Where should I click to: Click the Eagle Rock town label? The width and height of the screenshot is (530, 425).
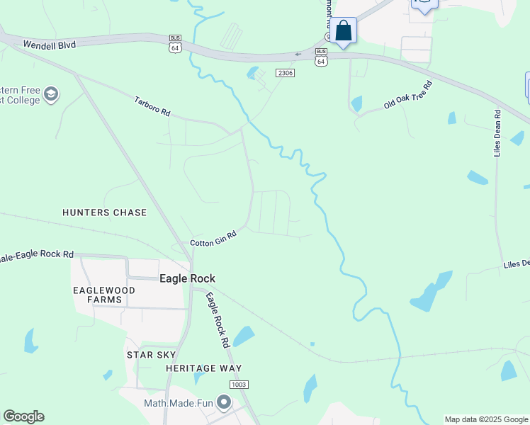click(187, 278)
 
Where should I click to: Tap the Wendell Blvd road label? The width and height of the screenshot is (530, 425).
click(49, 45)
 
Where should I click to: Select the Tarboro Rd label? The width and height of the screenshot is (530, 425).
click(152, 106)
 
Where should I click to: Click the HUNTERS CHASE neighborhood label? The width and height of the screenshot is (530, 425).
click(104, 212)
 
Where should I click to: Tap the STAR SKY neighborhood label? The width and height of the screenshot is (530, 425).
click(150, 354)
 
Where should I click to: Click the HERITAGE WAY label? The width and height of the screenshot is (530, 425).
click(204, 368)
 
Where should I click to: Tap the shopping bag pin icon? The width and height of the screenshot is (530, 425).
click(343, 31)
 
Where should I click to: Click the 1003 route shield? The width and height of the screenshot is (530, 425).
click(239, 384)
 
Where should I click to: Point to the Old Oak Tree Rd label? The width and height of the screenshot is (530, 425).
click(407, 95)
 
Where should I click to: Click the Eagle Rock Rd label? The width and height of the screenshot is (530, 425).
click(218, 319)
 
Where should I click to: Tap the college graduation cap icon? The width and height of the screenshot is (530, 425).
click(51, 93)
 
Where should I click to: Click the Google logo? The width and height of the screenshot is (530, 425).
click(23, 416)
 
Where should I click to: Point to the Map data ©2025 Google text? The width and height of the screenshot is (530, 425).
click(485, 419)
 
